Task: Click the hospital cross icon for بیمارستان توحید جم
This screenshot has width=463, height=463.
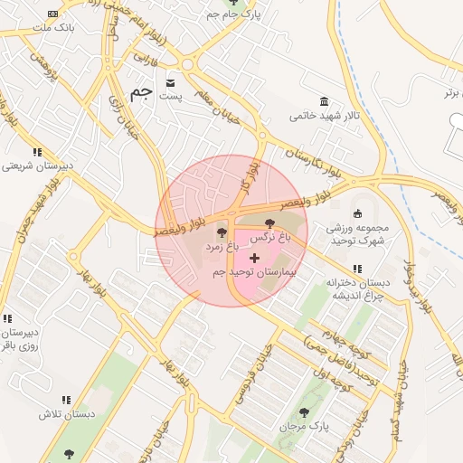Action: coord(254,259)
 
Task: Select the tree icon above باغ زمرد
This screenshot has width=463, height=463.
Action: coord(222,233)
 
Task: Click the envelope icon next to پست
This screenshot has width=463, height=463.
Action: coord(170,83)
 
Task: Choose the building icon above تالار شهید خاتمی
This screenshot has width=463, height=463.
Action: coord(324,101)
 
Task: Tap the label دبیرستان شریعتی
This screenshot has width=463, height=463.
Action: coord(35,166)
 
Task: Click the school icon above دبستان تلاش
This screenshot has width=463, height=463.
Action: coord(66,399)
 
